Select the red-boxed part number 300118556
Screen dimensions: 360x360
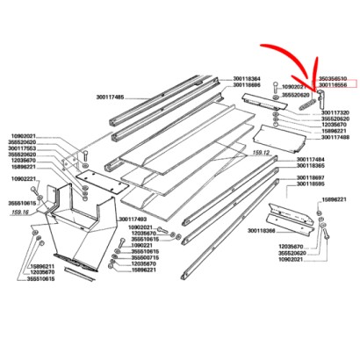click(332, 86)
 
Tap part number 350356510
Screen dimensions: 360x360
click(332, 78)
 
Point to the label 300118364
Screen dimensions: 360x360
click(247, 78)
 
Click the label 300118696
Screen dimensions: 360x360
click(247, 86)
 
